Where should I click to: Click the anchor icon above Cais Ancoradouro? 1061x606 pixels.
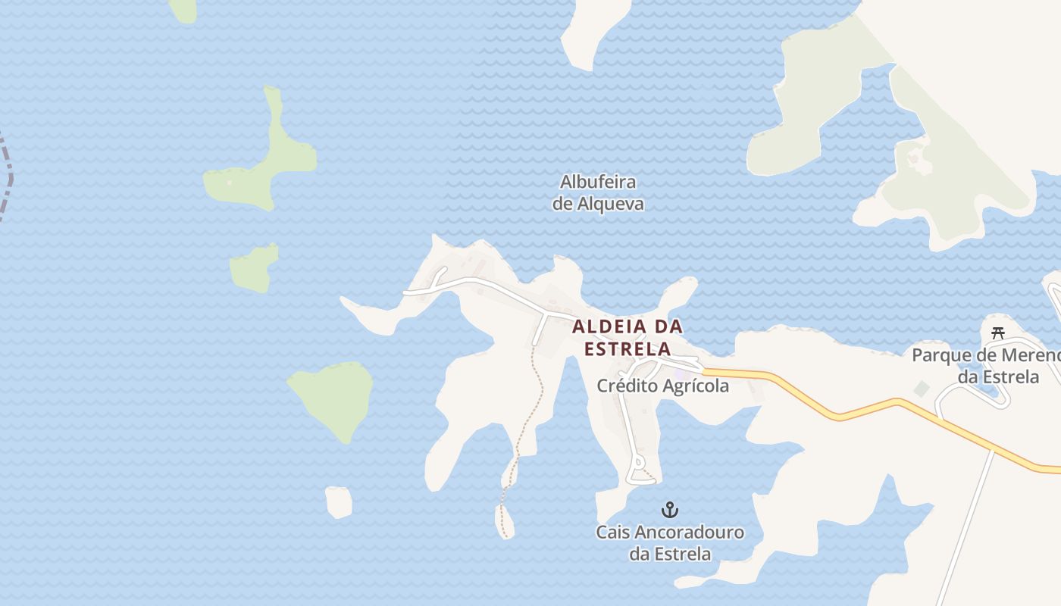tap(670, 509)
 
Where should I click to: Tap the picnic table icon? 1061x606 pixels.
tap(998, 333)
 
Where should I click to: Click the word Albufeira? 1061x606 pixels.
tap(598, 183)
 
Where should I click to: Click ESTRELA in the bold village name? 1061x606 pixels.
tap(628, 349)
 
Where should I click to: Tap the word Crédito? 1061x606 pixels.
tap(627, 386)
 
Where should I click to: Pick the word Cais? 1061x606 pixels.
tap(612, 533)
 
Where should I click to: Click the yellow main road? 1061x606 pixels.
tap(872, 409)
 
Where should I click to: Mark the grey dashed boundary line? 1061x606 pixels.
tap(8, 182)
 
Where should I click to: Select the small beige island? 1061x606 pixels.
tap(339, 501)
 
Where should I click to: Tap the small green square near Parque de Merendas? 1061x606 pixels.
tap(922, 389)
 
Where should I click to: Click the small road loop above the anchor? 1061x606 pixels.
tap(639, 461)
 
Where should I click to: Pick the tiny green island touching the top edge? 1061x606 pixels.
tap(183, 9)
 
